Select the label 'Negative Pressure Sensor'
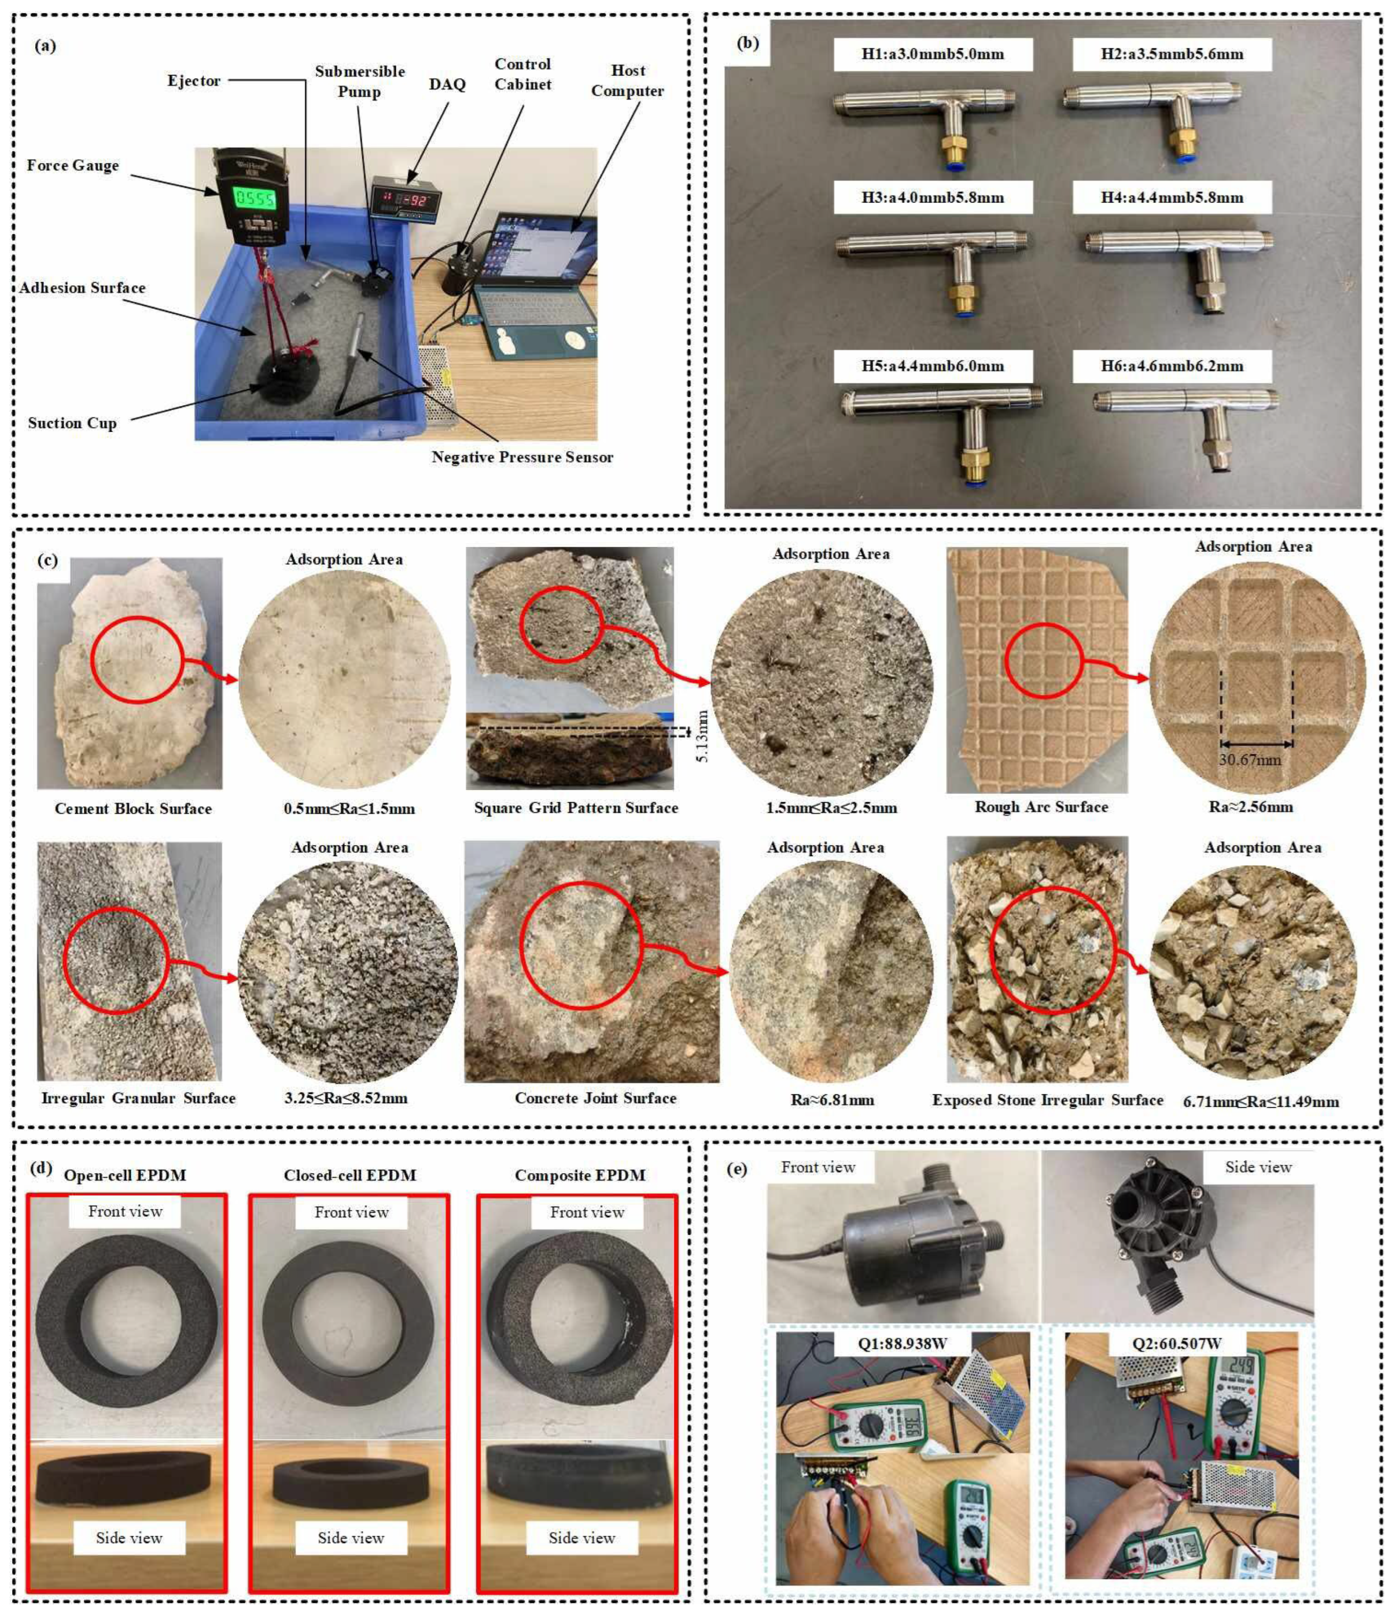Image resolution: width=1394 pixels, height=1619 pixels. [x=522, y=457]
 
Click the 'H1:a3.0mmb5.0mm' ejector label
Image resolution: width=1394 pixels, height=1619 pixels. [x=932, y=54]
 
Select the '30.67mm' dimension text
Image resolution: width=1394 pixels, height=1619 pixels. [x=1250, y=759]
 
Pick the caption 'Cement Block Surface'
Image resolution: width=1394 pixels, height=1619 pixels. [x=133, y=809]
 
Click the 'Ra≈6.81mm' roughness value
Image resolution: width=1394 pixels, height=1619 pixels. [x=832, y=1100]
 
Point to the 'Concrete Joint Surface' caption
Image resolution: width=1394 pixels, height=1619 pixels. [x=595, y=1098]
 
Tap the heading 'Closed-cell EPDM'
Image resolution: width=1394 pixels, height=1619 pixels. [x=350, y=1175]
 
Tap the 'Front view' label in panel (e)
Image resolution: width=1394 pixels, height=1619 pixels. [x=818, y=1167]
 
